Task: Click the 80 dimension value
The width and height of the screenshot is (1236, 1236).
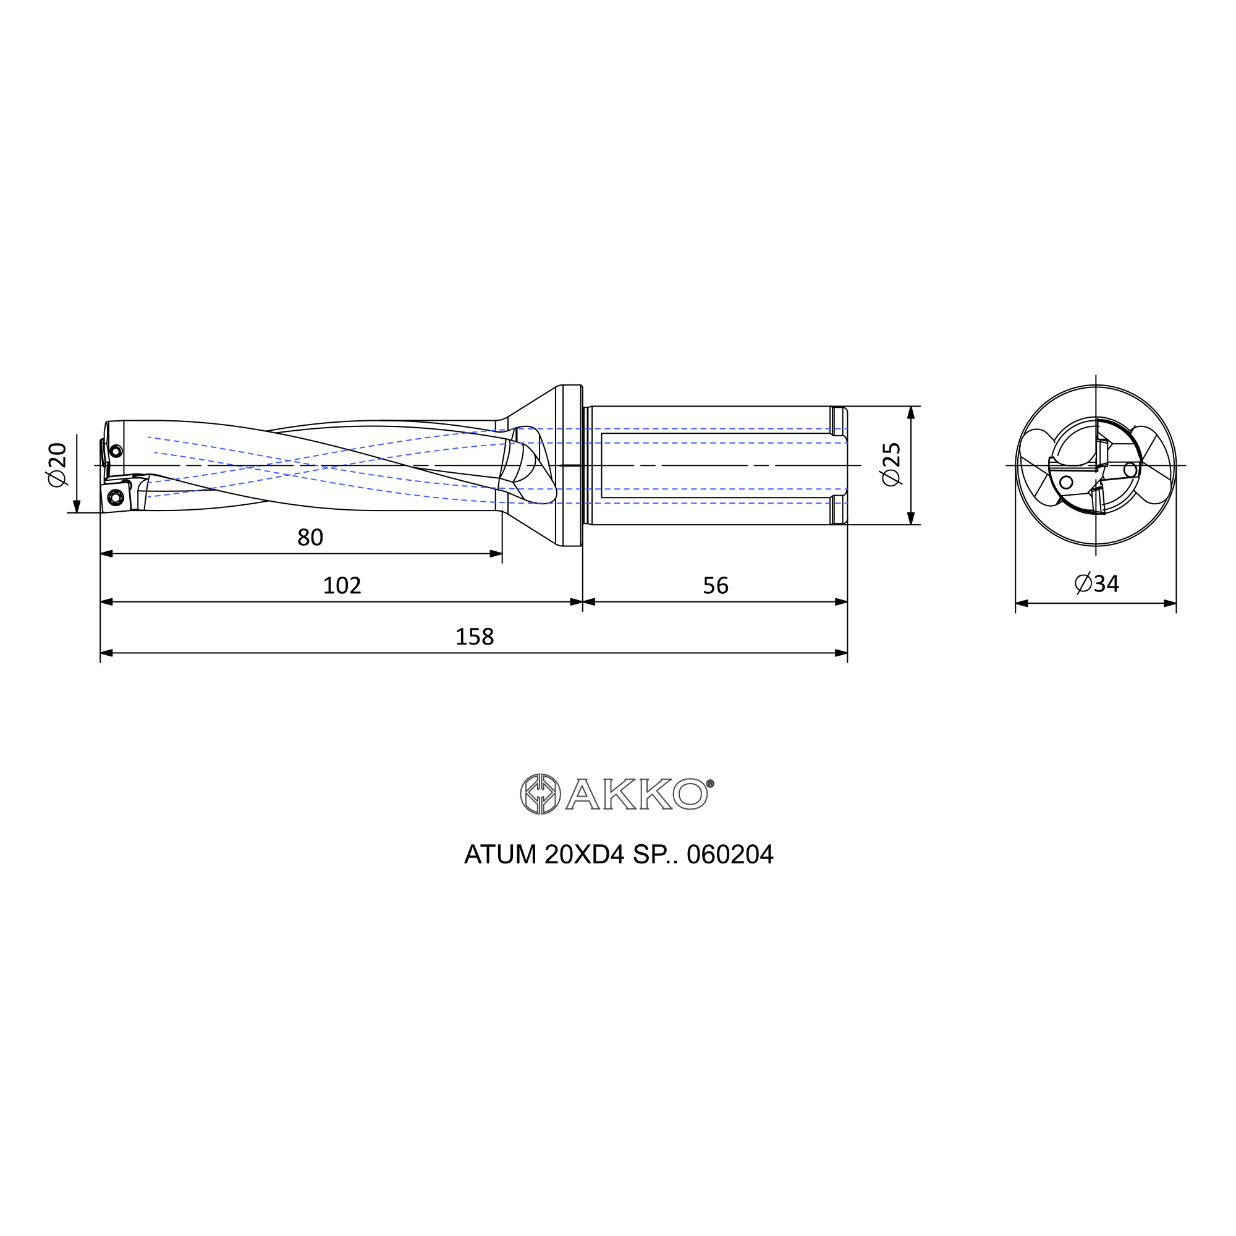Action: click(x=310, y=538)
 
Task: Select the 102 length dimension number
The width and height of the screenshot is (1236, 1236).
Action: click(x=342, y=585)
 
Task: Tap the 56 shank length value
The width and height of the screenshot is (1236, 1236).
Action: click(x=715, y=585)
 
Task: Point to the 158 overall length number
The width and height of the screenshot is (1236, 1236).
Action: click(x=474, y=637)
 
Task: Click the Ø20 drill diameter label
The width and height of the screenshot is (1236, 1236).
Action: click(x=57, y=464)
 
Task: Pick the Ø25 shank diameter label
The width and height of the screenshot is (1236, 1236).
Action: click(x=891, y=464)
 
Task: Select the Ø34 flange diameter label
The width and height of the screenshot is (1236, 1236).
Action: click(x=1096, y=583)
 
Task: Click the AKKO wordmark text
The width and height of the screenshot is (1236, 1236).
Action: click(x=637, y=794)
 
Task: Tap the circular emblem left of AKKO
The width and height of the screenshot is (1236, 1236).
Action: click(x=541, y=794)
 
